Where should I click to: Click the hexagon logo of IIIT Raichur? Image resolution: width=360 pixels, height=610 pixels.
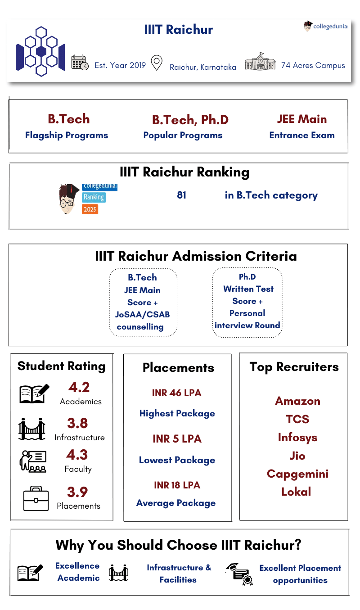40,51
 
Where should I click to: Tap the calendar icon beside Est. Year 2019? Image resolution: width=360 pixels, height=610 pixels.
80,63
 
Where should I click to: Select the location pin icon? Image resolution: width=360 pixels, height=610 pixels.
156,63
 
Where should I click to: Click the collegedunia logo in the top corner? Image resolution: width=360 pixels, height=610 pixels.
326,26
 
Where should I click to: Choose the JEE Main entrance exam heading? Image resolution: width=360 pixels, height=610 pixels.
302,119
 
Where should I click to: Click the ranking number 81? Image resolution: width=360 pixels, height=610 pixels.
181,195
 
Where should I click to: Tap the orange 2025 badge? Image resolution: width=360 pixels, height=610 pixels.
90,209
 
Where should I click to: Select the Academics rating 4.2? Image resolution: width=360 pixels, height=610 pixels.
79,387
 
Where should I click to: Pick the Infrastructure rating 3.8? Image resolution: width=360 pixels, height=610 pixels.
77,423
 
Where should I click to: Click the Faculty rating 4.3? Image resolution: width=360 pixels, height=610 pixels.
77,455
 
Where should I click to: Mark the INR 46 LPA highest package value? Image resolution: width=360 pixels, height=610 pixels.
176,393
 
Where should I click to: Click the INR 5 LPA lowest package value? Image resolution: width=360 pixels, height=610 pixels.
176,439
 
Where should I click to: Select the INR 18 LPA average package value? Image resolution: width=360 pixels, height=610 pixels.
176,485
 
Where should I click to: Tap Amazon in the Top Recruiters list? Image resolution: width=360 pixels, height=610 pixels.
297,401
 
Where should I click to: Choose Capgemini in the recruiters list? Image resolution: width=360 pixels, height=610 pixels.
297,474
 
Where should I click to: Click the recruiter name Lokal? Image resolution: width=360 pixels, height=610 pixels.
296,492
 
